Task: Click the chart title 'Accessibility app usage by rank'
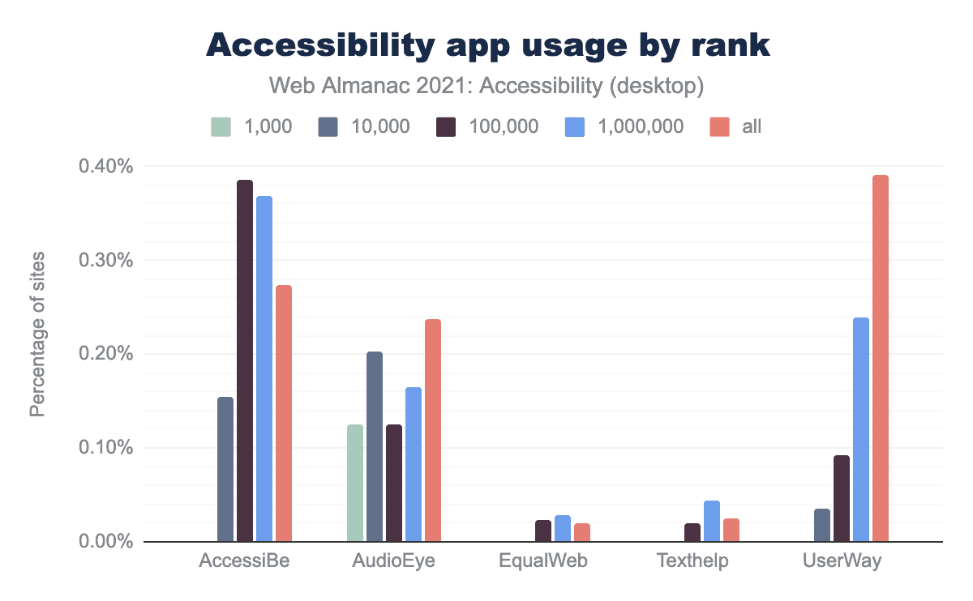click(486, 45)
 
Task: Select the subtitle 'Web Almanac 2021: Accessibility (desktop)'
click(486, 84)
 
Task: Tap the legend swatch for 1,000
click(221, 126)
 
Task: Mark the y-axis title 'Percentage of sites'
click(37, 335)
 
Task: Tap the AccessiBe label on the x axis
click(244, 561)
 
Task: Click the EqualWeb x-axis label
click(542, 561)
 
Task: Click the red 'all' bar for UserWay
click(881, 358)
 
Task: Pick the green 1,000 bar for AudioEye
click(355, 483)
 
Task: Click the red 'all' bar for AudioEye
click(433, 430)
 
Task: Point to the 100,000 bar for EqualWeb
click(543, 531)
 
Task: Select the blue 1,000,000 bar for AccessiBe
click(264, 369)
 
